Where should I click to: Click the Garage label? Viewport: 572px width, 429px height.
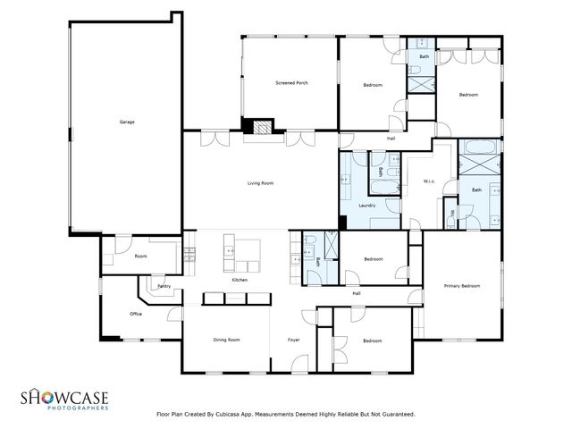[x=127, y=122]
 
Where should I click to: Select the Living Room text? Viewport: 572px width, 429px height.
[x=260, y=183]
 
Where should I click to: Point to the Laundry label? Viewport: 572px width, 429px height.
[x=366, y=206]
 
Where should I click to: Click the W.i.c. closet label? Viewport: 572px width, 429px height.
[x=429, y=182]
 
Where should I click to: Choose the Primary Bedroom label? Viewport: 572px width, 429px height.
[x=462, y=286]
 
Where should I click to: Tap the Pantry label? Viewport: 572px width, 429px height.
[x=164, y=287]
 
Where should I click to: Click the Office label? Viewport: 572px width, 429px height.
[x=136, y=314]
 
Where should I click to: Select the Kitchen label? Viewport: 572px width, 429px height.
[x=240, y=281]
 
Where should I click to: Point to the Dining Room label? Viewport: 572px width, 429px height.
[x=226, y=341]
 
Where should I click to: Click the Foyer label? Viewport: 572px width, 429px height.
[x=293, y=341]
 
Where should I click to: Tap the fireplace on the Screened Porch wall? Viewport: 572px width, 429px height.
[x=260, y=129]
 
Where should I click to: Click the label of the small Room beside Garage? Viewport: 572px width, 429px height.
[x=140, y=256]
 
